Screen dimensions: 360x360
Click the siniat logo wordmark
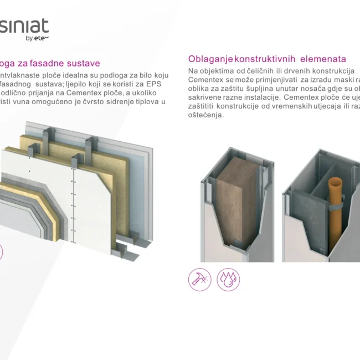(24, 25)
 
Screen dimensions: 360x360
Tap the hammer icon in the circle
(199, 280)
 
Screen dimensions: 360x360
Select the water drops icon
(228, 280)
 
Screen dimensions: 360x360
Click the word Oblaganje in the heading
(210, 59)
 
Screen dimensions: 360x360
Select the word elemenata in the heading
(323, 59)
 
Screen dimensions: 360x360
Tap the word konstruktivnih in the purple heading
(265, 59)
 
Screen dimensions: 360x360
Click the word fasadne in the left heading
(47, 63)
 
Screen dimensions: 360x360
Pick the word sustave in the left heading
(83, 63)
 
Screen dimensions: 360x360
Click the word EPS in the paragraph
(153, 84)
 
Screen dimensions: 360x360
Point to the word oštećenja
(205, 115)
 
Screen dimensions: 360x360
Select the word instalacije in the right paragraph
(261, 97)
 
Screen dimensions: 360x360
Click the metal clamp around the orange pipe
(336, 204)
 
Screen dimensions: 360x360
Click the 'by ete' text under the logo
(37, 38)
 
